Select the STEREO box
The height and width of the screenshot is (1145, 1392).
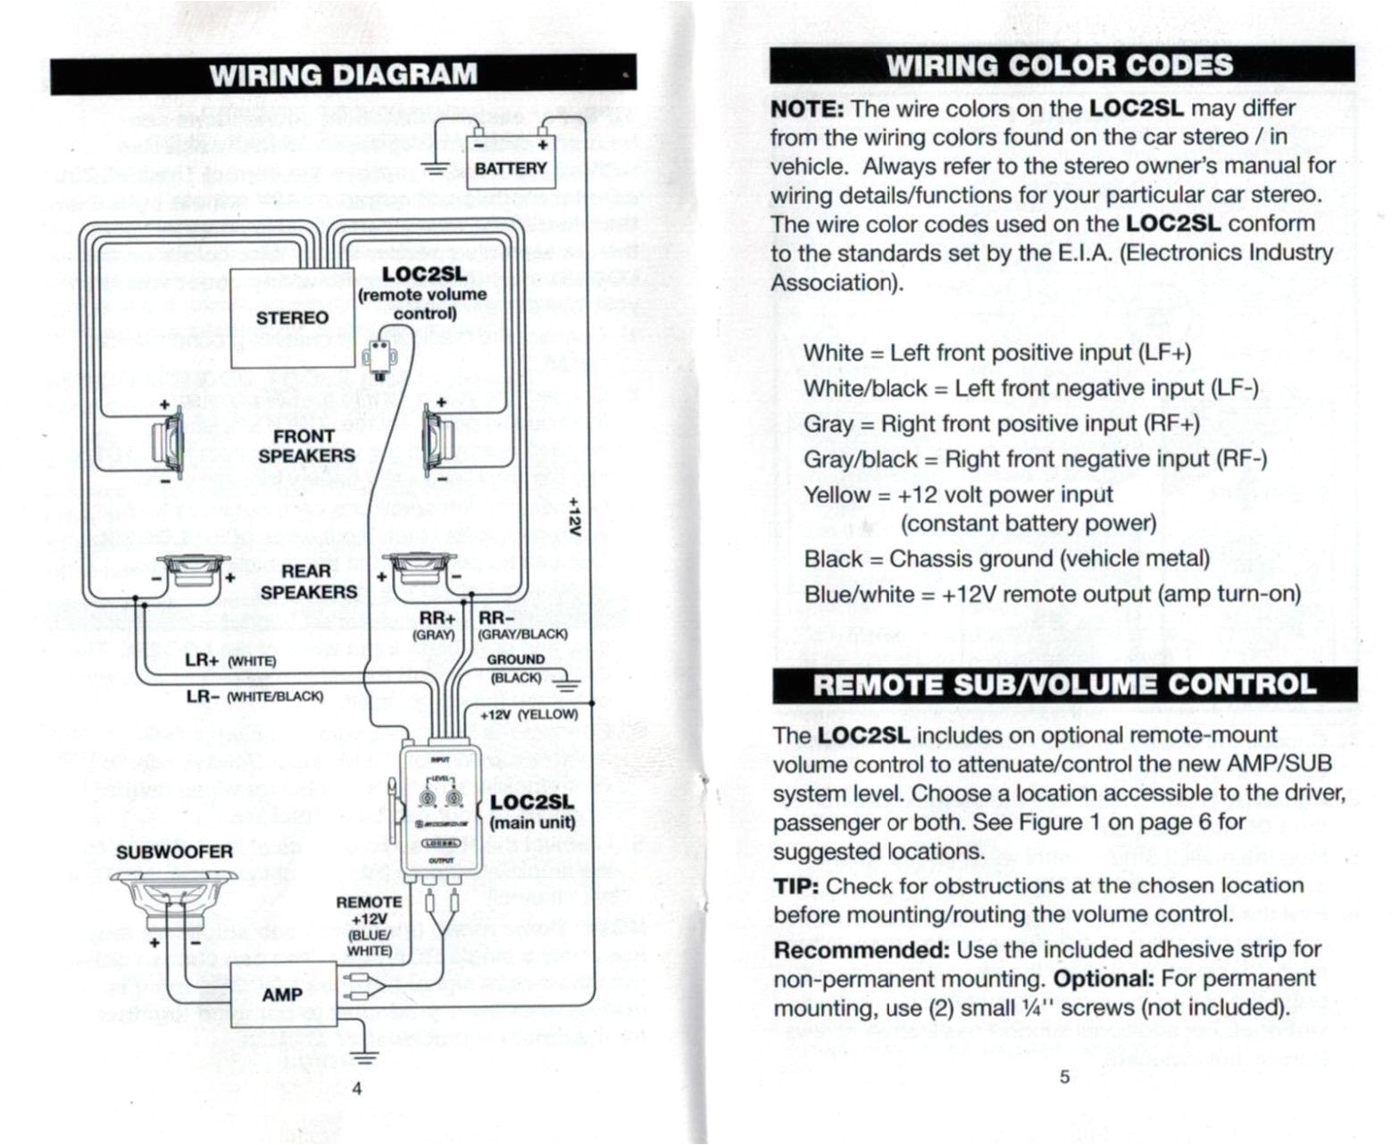[x=293, y=318]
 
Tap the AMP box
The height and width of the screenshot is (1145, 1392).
[x=283, y=994]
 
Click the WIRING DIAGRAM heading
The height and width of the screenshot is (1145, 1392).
[x=344, y=75]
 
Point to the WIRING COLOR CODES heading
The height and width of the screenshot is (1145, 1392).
[x=1061, y=65]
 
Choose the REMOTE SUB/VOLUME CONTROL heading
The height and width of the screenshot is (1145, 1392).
[x=1064, y=685]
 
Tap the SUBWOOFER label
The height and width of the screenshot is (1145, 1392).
[x=174, y=852]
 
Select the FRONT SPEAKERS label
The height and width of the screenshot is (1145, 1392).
[x=306, y=446]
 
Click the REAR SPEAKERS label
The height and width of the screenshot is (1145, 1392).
[x=307, y=581]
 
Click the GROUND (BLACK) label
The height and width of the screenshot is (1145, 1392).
[x=516, y=669]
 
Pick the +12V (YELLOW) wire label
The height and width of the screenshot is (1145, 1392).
[x=529, y=715]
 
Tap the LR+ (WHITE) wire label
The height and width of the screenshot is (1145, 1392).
[x=230, y=661]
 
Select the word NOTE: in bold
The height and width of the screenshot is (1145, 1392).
[x=807, y=110]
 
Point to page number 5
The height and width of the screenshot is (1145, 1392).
[x=1063, y=1076]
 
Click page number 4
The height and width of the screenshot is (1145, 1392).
[x=356, y=1088]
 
